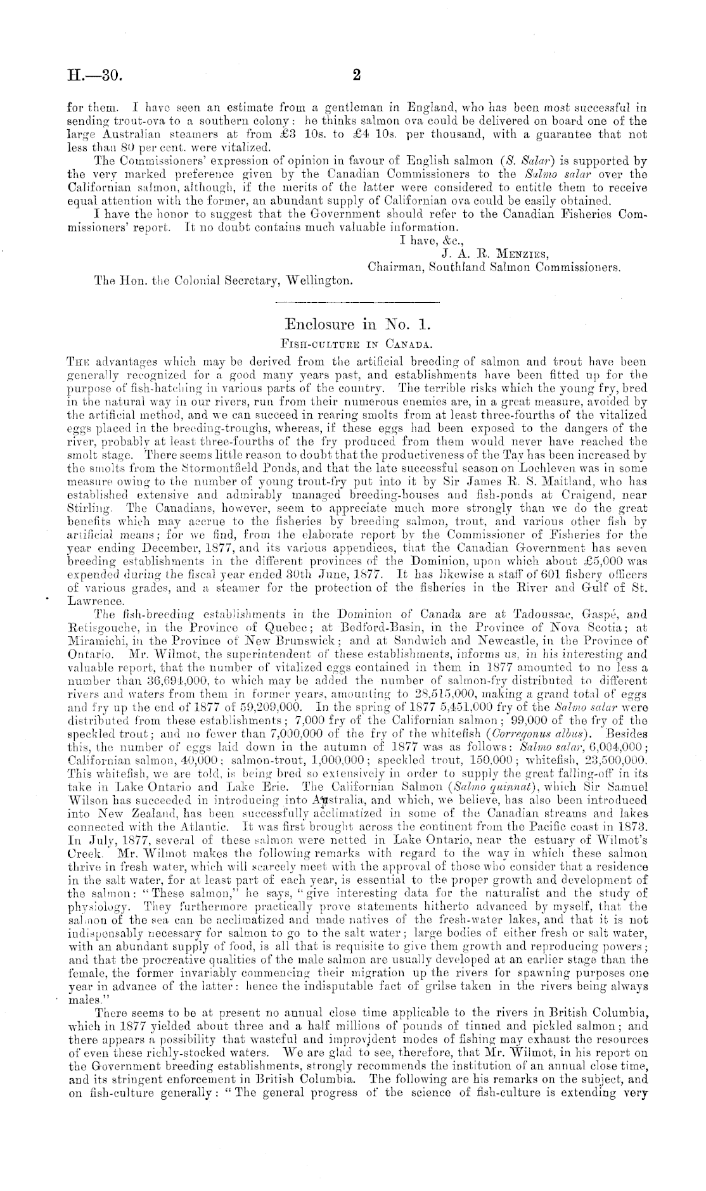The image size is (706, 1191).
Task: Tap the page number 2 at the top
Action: (356, 75)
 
